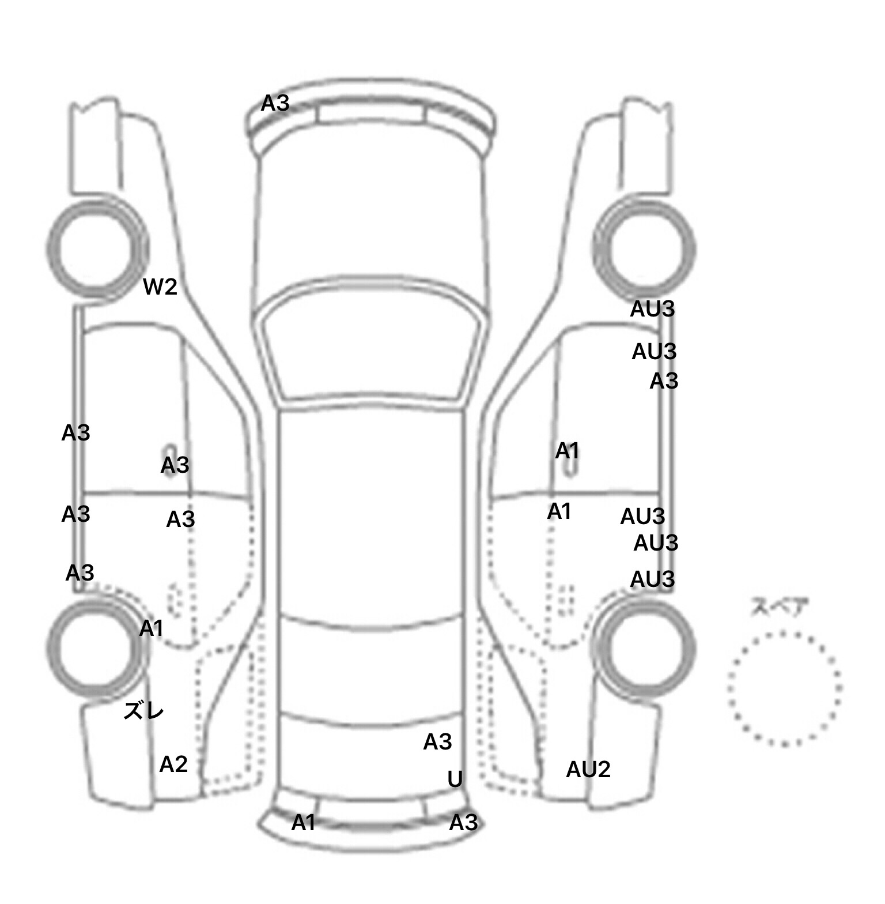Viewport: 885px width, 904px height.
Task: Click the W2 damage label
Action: tap(160, 287)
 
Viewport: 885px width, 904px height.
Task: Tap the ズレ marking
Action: tap(144, 711)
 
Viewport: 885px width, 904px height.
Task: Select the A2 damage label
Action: tap(173, 764)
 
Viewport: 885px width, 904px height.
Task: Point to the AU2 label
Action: tap(588, 769)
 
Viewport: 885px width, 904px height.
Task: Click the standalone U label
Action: tap(455, 779)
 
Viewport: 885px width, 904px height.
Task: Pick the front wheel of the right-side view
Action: tap(645, 249)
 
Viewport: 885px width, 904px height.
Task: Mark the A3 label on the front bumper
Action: tap(275, 103)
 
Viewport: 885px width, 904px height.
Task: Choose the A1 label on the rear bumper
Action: tap(304, 823)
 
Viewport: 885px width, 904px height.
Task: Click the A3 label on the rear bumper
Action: tap(463, 823)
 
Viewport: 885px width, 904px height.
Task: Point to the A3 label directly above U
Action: tap(437, 742)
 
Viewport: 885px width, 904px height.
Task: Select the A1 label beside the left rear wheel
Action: tap(152, 628)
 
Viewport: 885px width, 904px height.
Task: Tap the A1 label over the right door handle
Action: tap(567, 451)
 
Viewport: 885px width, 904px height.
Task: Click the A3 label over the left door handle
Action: tap(175, 465)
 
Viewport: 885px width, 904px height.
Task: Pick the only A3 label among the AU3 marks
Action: tap(664, 381)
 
